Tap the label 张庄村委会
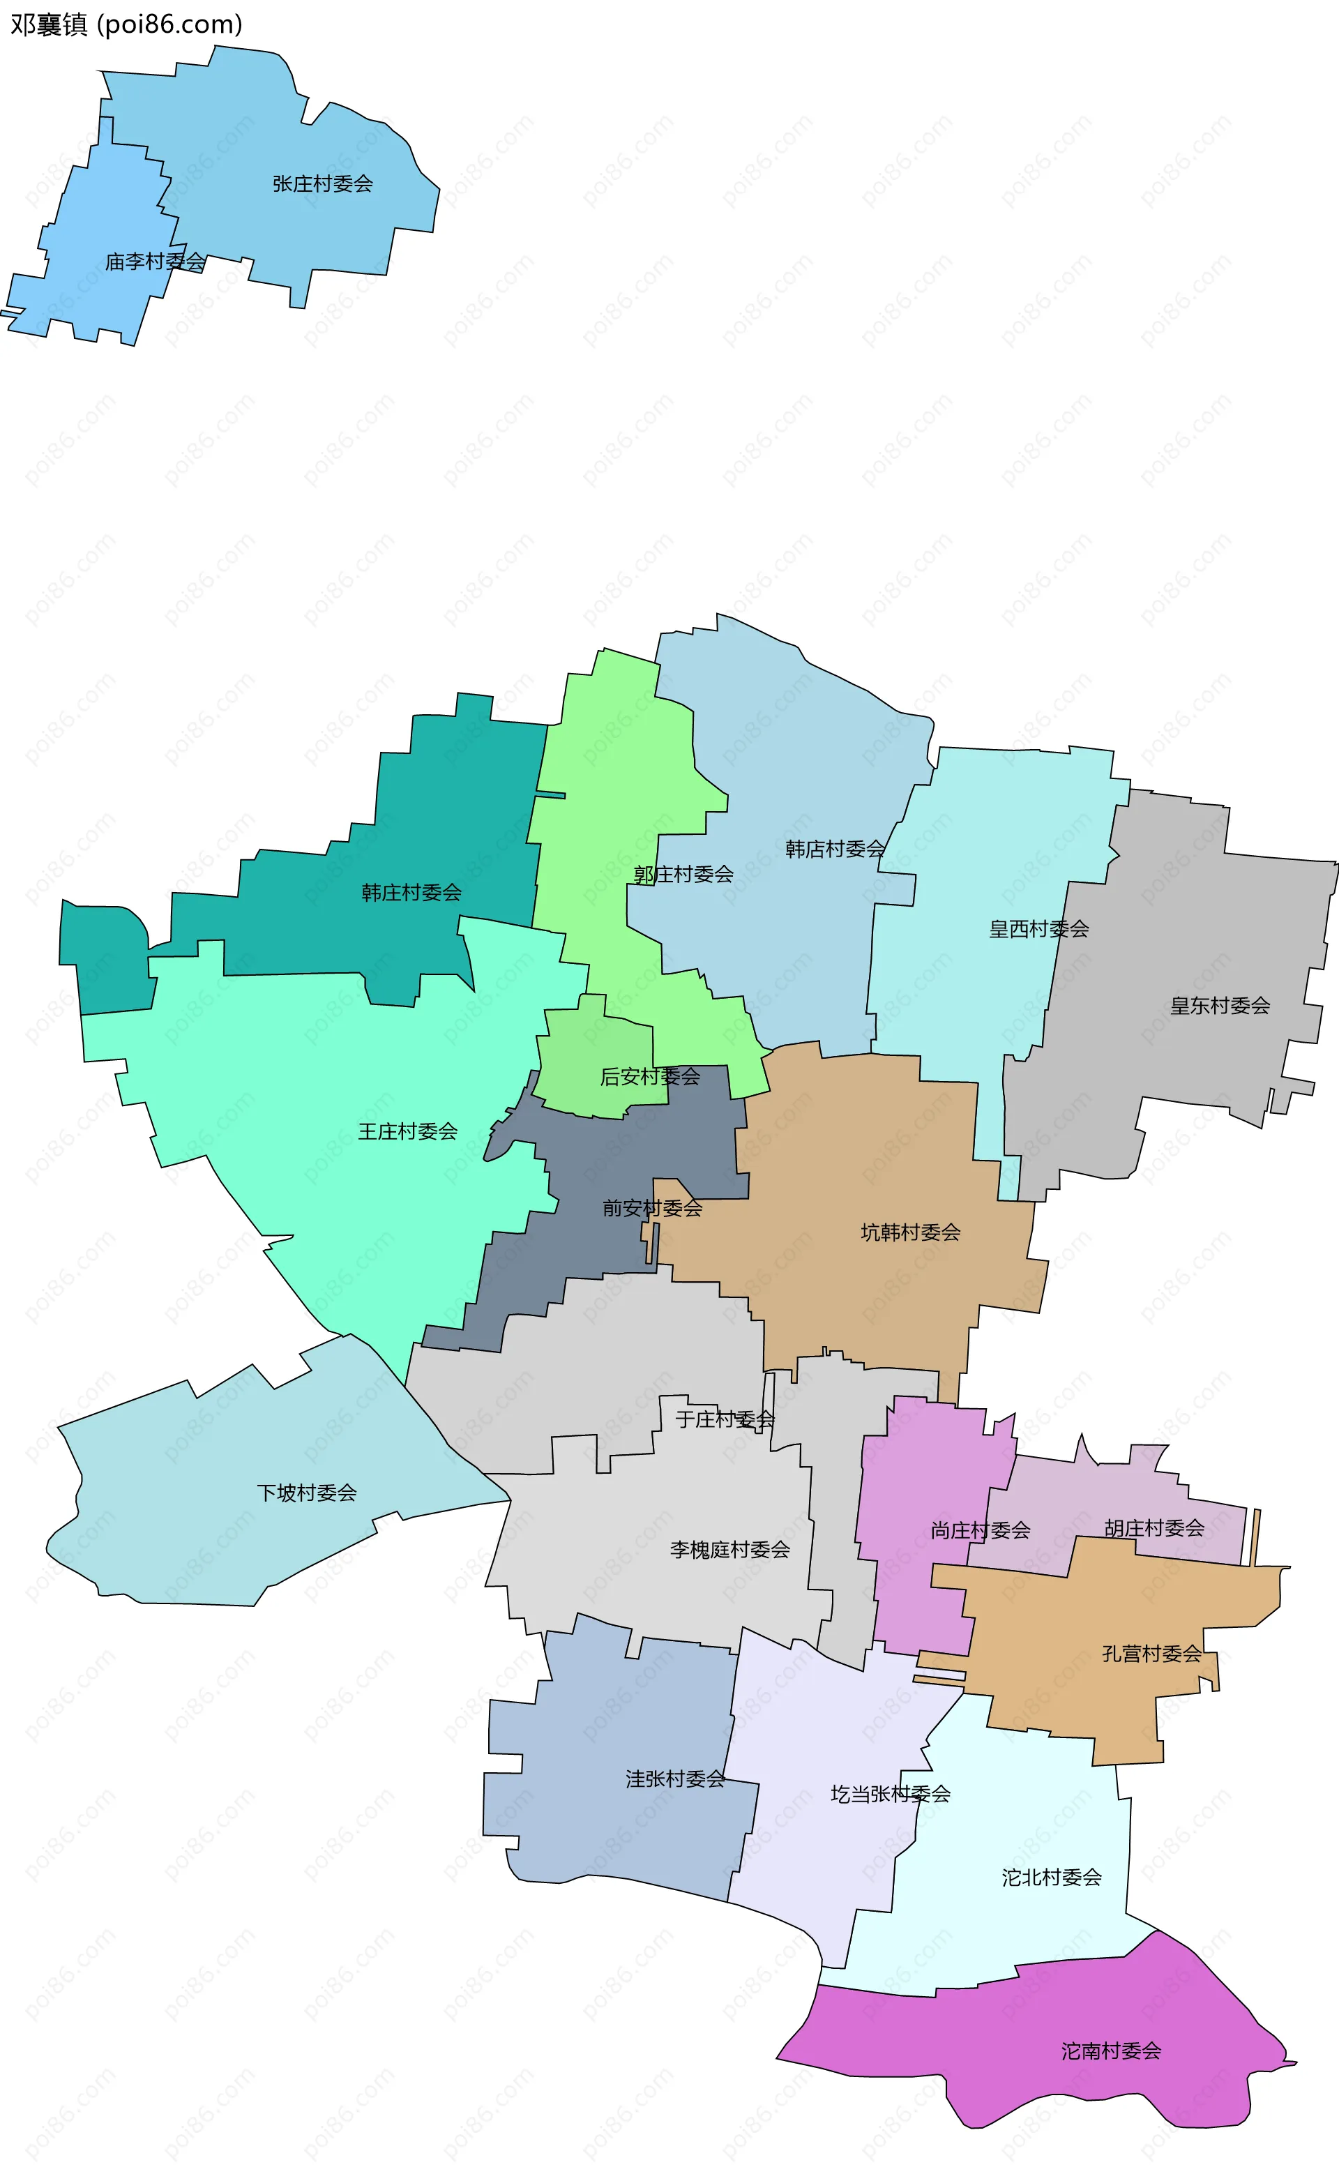[x=322, y=184]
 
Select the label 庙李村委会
[x=155, y=262]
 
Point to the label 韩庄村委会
[x=411, y=893]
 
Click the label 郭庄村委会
[x=683, y=875]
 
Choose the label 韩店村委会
[x=835, y=850]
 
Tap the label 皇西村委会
[x=1039, y=929]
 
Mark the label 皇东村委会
[x=1220, y=1006]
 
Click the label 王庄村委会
[x=407, y=1132]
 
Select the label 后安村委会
[x=650, y=1077]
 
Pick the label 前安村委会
[x=652, y=1209]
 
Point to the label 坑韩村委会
[x=910, y=1232]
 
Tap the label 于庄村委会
[x=725, y=1419]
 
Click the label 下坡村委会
[x=306, y=1493]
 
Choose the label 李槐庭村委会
[x=729, y=1550]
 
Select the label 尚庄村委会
[x=981, y=1530]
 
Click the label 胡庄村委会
[x=1154, y=1527]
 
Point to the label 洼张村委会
[x=675, y=1779]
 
